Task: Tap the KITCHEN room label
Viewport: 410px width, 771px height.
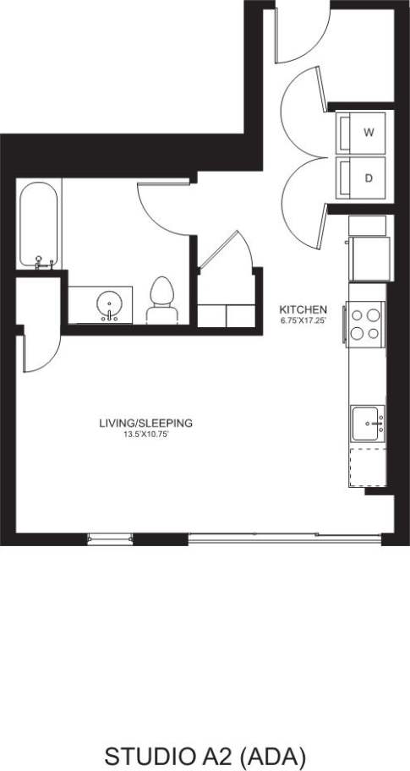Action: point(303,310)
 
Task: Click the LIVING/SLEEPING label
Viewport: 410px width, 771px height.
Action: point(146,423)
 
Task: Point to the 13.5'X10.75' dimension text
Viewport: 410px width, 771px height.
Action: point(146,435)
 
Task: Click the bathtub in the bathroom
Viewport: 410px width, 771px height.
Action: point(40,224)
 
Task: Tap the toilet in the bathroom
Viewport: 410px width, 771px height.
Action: point(161,301)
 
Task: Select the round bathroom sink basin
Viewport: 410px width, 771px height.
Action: point(109,303)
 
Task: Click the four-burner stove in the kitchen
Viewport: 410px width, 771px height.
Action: point(365,325)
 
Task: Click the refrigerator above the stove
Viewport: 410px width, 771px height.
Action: point(370,259)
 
